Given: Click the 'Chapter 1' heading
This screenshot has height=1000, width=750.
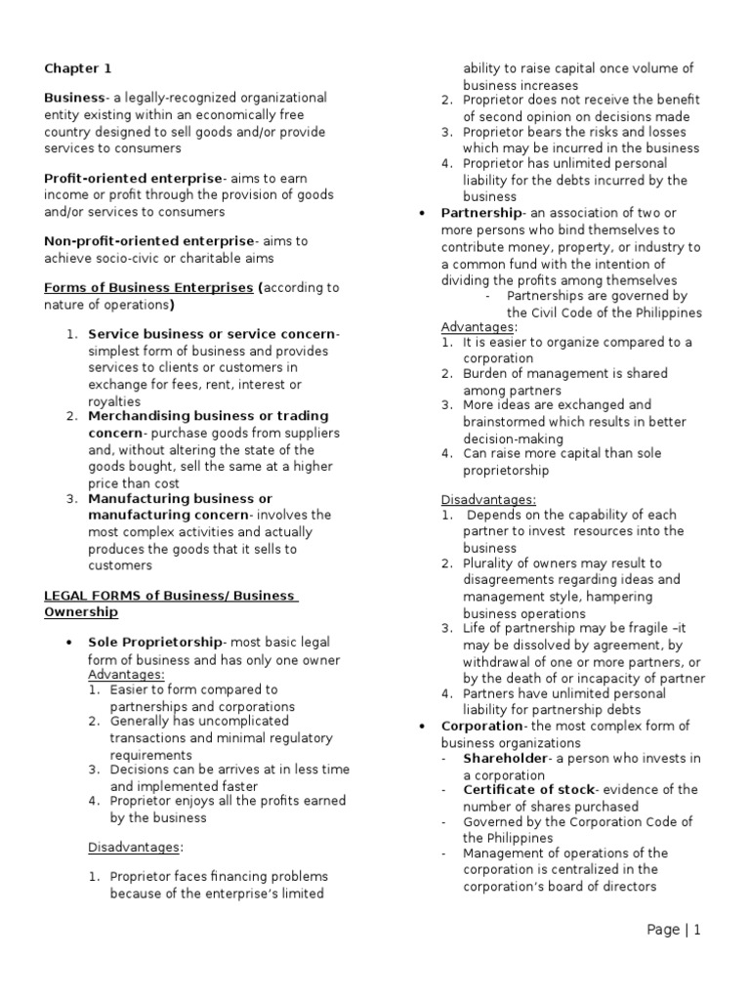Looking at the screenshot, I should [x=78, y=68].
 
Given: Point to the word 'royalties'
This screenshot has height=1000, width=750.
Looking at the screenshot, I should [x=114, y=401].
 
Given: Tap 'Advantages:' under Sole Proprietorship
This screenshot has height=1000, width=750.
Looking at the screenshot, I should [x=126, y=674].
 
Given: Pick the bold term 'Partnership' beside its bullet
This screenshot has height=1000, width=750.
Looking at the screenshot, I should [x=480, y=213].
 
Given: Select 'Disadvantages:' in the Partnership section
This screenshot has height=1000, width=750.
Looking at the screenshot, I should [x=488, y=499].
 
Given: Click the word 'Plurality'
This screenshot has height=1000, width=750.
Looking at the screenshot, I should [x=490, y=563].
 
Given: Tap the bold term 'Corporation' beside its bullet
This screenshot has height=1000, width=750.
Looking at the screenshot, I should [x=481, y=726].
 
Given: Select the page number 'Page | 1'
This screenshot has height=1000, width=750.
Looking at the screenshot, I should [x=673, y=930].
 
